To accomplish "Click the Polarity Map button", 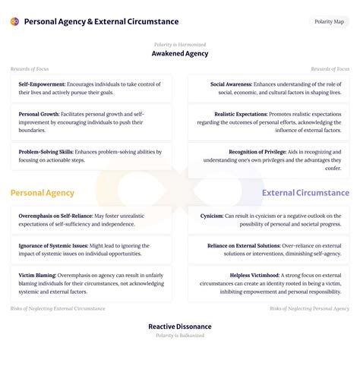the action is click(330, 21).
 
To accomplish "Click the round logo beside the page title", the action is click(14, 21).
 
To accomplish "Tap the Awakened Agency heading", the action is click(180, 54).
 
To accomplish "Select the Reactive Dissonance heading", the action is click(180, 327).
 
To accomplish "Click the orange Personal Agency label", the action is click(43, 193).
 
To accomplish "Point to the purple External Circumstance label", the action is click(305, 193).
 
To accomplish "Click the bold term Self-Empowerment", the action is click(42, 84).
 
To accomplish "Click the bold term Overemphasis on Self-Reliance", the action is click(55, 216).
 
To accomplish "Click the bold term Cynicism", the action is click(212, 216).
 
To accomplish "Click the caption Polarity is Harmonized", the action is click(180, 44).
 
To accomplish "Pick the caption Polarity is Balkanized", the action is click(180, 336).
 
